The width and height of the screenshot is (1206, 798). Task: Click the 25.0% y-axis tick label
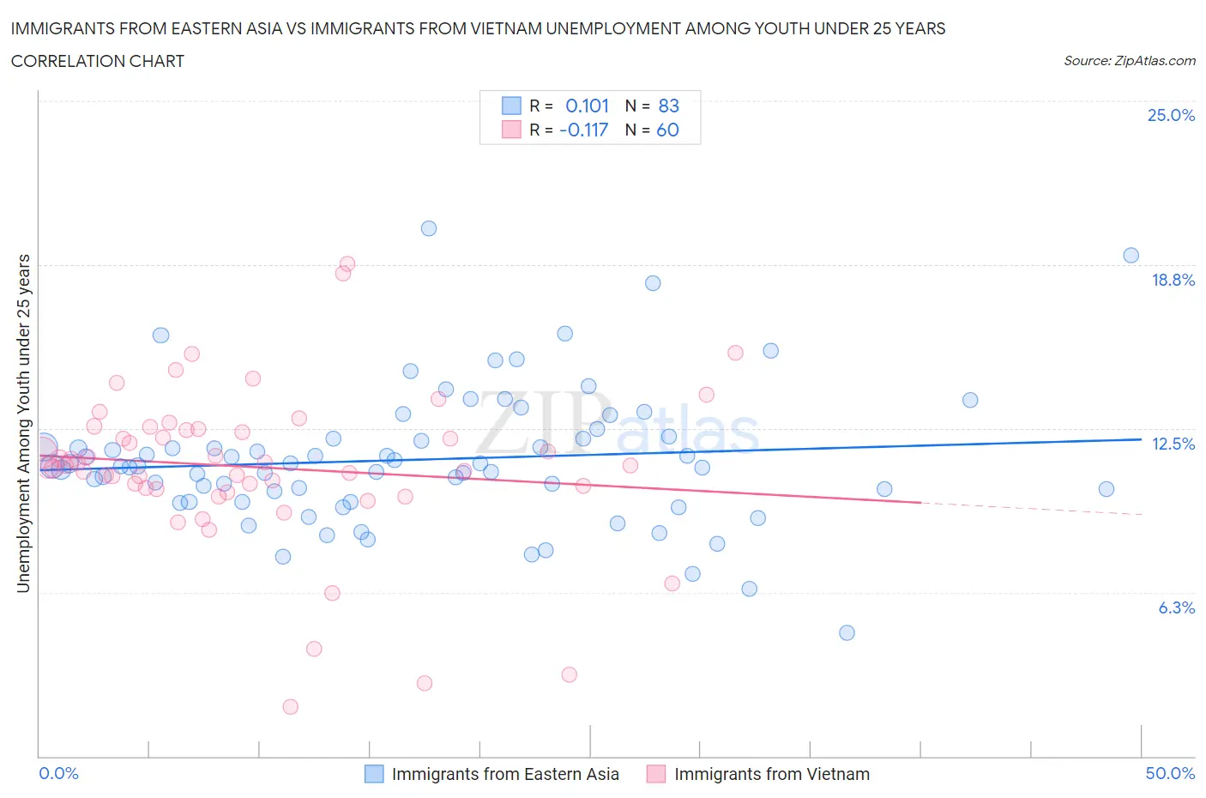point(1171,115)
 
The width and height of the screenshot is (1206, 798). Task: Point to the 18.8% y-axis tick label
point(1173,280)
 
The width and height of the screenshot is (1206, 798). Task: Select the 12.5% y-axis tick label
point(1173,444)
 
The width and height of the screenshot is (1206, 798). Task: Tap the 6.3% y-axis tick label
point(1176,608)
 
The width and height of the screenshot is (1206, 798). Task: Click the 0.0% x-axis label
point(58,773)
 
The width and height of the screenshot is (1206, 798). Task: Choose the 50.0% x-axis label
point(1170,773)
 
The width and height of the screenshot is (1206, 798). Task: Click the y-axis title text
point(23,423)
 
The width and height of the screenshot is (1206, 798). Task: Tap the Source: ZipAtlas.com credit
point(1129,60)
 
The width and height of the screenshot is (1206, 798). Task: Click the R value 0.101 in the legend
point(587,106)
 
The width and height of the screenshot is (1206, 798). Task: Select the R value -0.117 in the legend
point(583,130)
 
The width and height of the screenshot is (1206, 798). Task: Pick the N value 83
point(668,106)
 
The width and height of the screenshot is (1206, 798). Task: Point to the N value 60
point(667,130)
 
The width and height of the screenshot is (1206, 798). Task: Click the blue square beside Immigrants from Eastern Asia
point(374,774)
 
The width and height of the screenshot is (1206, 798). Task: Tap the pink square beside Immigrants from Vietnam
point(656,774)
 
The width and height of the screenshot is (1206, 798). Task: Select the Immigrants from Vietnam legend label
point(771,774)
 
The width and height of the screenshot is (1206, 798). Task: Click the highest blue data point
point(429,228)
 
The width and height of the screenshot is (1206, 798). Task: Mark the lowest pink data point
point(291,707)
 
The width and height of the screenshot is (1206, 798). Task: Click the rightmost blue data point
point(1131,255)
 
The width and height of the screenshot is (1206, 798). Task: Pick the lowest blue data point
point(847,632)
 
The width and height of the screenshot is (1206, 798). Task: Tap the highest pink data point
point(347,263)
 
